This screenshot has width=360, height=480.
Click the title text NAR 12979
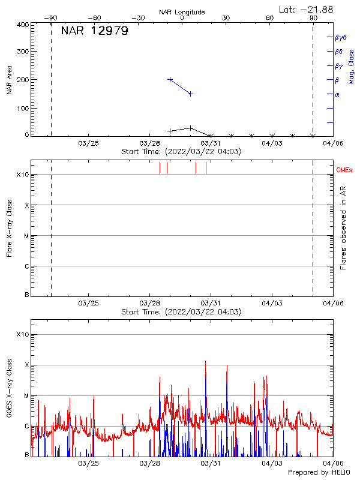tap(94, 31)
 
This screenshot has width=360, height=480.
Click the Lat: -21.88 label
tap(307, 9)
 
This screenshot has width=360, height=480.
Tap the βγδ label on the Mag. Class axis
tap(340, 37)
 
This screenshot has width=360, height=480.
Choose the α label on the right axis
tap(337, 94)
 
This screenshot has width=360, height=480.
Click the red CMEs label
tap(344, 170)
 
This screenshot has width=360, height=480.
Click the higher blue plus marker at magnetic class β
tap(170, 79)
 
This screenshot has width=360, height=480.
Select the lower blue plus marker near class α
tap(190, 94)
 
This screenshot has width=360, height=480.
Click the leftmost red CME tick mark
tap(160, 168)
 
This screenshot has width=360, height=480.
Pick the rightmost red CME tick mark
tap(206, 168)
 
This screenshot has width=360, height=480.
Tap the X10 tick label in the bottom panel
tap(22, 334)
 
